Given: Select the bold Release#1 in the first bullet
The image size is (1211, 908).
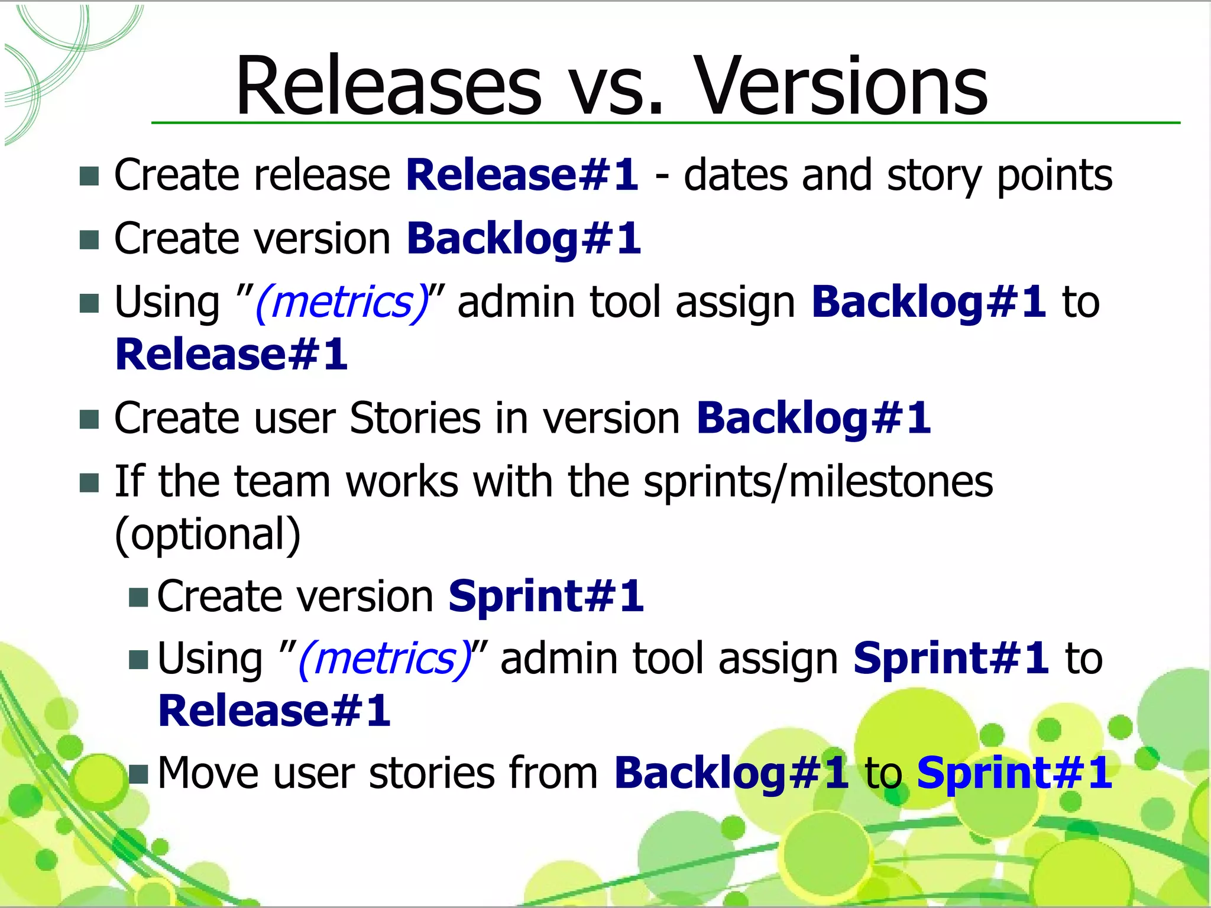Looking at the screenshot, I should (522, 175).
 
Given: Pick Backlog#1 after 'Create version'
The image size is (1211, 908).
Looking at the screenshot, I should (523, 239).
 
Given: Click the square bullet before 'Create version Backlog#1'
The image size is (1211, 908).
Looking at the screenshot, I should (89, 239).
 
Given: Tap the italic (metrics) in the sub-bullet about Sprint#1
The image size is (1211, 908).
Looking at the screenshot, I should (385, 659).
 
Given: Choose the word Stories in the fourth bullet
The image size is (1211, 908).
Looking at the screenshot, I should (415, 418).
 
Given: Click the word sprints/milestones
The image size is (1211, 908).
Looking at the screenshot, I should (818, 481).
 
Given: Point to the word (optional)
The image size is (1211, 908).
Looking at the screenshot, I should (208, 534).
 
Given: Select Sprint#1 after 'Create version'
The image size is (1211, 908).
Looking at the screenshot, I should (546, 596).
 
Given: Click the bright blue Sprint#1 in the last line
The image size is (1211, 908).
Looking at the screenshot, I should (1014, 773).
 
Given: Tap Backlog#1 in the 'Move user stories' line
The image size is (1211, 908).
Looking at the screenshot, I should (731, 773).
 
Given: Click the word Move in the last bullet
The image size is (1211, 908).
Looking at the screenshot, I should (208, 773).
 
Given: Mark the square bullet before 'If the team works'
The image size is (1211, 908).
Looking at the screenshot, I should (89, 482).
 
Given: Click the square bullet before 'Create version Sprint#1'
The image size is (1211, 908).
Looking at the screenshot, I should (138, 598).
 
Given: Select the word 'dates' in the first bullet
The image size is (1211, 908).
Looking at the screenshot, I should (736, 175).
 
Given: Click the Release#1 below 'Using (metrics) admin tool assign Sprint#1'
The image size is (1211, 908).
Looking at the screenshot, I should (274, 711).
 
